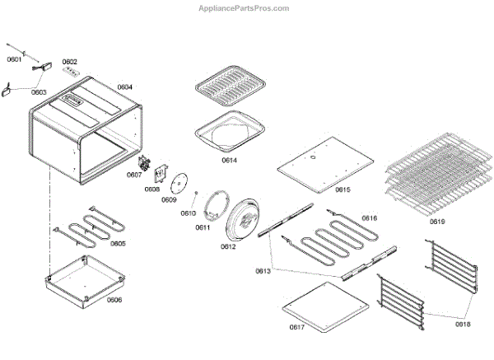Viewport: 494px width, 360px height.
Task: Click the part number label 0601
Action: tap(15, 60)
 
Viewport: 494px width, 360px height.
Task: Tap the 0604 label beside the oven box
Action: tap(124, 86)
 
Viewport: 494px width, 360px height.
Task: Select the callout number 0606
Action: tap(114, 299)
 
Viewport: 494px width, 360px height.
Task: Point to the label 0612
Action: tap(228, 246)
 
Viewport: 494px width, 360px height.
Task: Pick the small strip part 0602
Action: tap(73, 72)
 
